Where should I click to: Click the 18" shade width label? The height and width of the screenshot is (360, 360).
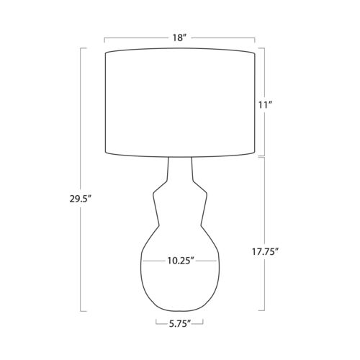[x=179, y=38]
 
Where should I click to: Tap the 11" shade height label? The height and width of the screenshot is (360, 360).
[x=265, y=105]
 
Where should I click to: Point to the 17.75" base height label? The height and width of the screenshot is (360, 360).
[x=265, y=251]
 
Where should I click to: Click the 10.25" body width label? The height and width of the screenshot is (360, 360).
[x=181, y=261]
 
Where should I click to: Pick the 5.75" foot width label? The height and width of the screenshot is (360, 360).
[x=180, y=324]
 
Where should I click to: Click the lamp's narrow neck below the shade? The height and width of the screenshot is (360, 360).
[x=180, y=168]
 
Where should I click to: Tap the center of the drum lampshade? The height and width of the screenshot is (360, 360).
[x=180, y=103]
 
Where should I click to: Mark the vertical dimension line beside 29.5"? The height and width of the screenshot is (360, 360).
[x=80, y=180]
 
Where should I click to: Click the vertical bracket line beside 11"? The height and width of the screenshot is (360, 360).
[x=264, y=102]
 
